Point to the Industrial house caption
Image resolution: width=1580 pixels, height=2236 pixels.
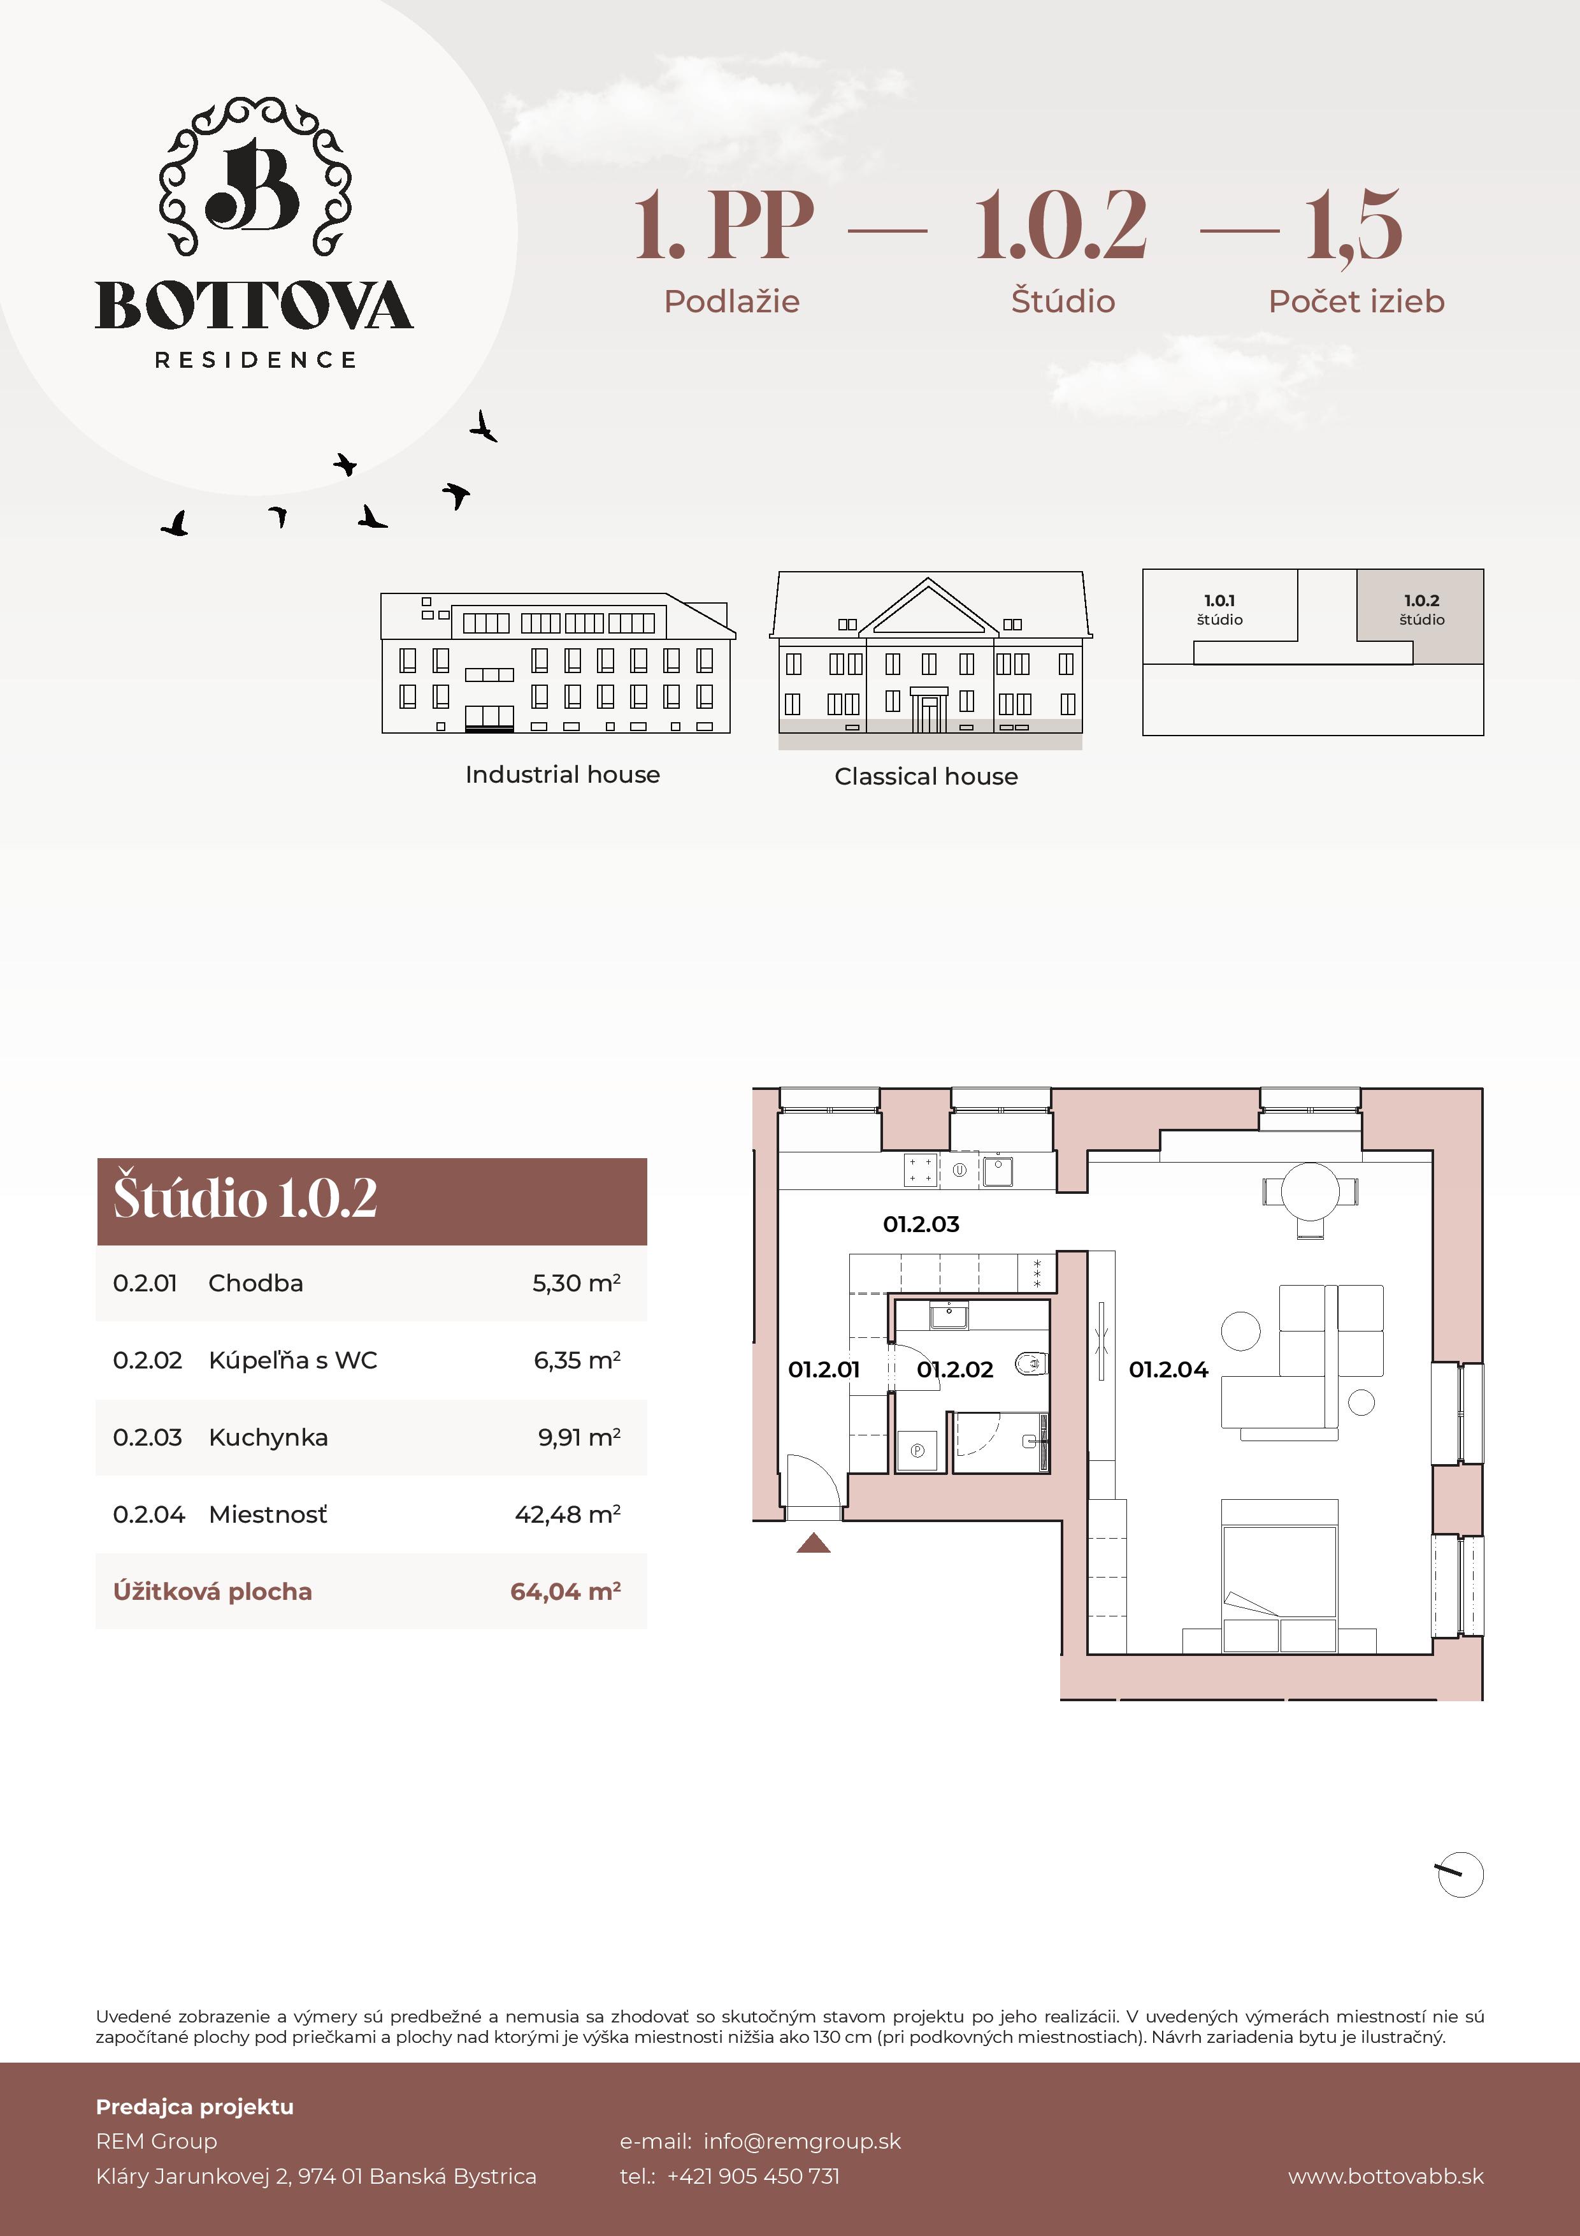pyautogui.click(x=562, y=775)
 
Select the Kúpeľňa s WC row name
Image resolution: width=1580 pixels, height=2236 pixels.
pyautogui.click(x=292, y=1360)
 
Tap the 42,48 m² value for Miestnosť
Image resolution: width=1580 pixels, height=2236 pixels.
pyautogui.click(x=568, y=1514)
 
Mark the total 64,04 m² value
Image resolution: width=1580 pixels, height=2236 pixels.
pyautogui.click(x=564, y=1592)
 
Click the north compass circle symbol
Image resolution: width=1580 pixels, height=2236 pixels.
pyautogui.click(x=1460, y=1875)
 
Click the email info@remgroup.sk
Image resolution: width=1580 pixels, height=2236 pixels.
pyautogui.click(x=801, y=2140)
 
